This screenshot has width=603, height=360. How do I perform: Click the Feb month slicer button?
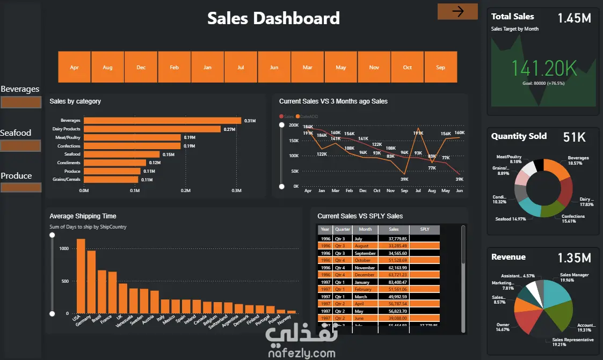tap(174, 67)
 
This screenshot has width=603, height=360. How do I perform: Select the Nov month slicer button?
tap(374, 67)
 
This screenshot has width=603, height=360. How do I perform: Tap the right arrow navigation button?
tap(457, 11)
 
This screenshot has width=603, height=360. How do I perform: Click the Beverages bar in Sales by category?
tap(162, 121)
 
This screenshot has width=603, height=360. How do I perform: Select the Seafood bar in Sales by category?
tap(121, 154)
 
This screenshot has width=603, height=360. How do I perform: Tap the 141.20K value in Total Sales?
tap(544, 68)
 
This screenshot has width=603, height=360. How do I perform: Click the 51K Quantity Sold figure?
tap(574, 137)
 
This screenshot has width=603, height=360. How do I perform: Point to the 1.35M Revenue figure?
tap(574, 258)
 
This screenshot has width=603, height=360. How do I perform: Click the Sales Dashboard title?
tap(273, 18)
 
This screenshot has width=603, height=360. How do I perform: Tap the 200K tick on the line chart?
tap(293, 125)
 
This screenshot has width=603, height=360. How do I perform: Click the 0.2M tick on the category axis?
tap(185, 190)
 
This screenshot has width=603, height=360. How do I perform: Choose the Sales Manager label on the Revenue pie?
tap(574, 275)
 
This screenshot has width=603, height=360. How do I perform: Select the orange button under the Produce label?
tap(21, 187)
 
